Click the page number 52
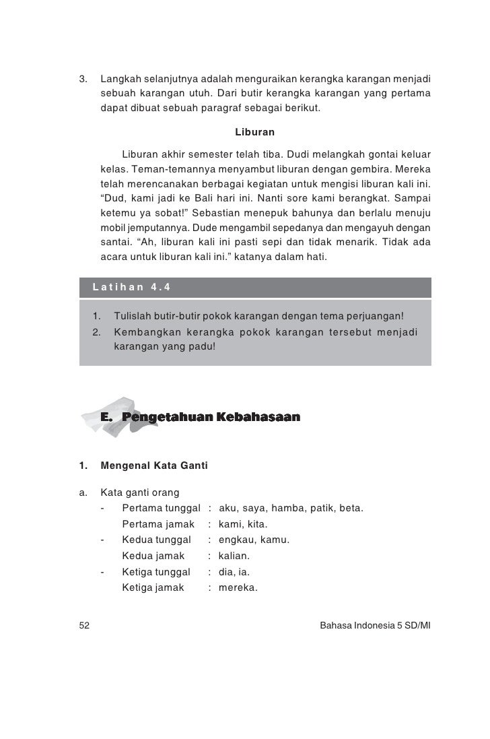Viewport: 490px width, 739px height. tap(85, 625)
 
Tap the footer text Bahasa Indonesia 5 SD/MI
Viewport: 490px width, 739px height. tap(375, 625)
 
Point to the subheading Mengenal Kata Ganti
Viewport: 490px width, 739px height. tap(154, 465)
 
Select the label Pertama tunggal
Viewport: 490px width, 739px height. tap(162, 507)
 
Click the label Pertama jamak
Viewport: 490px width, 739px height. tap(158, 524)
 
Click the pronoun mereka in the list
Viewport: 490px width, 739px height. tap(240, 588)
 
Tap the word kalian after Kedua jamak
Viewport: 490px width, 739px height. tap(235, 556)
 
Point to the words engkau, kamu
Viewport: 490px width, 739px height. tap(254, 540)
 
